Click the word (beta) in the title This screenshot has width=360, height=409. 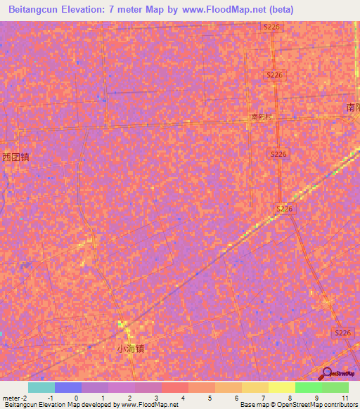coord(278,9)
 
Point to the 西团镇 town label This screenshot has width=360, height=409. coord(15,157)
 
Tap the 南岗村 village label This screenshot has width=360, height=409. coord(261,117)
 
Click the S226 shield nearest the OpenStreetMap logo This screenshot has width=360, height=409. coord(342,332)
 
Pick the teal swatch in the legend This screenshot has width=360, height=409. coord(41,387)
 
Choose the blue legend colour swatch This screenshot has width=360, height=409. coord(68,387)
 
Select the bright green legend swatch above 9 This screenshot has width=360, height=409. coord(309,387)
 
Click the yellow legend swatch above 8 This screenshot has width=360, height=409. coord(282,387)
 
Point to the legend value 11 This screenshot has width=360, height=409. coord(345,398)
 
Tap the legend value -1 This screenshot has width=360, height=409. coord(51,398)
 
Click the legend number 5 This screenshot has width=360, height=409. coord(210,398)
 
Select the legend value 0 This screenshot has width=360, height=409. coord(76,398)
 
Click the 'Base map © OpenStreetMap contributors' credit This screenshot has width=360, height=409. coord(298,405)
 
